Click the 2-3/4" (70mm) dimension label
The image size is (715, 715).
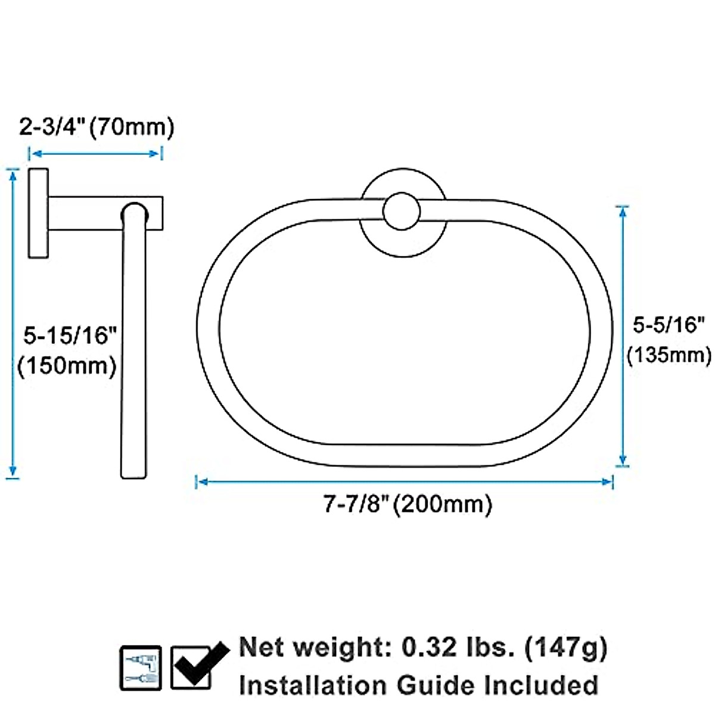97,128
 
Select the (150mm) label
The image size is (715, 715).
67,365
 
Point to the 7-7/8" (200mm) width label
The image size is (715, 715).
408,504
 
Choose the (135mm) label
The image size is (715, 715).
669,355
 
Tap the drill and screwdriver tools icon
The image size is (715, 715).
141,667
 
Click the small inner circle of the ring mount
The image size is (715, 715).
402,213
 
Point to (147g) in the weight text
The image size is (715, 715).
566,648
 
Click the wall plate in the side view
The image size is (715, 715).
38,213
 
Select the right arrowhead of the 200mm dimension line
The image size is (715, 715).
609,481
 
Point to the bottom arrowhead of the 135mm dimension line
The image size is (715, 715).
623,460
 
